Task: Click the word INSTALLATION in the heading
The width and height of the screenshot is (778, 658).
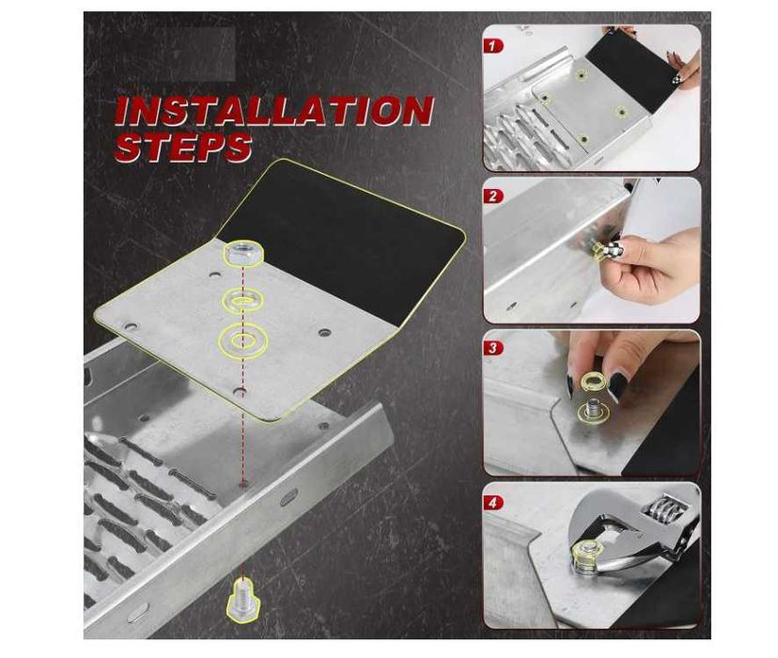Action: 274,111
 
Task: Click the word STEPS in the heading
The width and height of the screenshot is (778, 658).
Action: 184,147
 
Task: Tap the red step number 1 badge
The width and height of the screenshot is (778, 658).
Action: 492,46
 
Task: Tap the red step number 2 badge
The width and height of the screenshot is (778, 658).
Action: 492,196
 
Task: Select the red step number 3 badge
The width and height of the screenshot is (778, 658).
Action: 492,348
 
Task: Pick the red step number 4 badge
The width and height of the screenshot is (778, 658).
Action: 492,503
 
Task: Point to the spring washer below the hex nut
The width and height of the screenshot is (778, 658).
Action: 241,300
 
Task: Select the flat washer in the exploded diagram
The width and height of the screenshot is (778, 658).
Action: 242,340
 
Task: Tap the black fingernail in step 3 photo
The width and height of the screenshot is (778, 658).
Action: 617,385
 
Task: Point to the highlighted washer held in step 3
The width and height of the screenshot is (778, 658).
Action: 590,382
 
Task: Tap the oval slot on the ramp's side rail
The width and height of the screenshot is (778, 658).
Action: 289,496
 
